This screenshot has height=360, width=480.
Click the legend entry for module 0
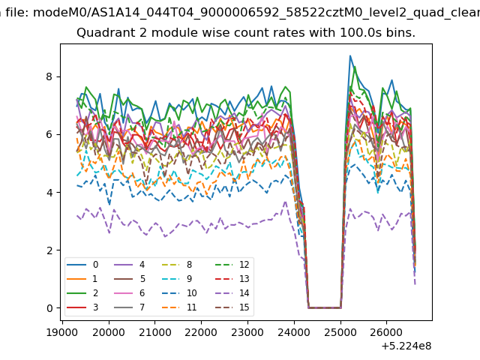pyautogui.click(x=82, y=265)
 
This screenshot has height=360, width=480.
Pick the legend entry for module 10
pyautogui.click(x=180, y=293)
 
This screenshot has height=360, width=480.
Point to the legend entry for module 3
pyautogui.click(x=82, y=307)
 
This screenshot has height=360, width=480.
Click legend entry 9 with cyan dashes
pyautogui.click(x=177, y=279)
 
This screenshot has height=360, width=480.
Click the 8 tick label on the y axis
pyautogui.click(x=49, y=76)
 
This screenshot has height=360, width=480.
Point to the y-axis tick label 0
pyautogui.click(x=49, y=308)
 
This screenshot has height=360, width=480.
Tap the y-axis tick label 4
pyautogui.click(x=49, y=192)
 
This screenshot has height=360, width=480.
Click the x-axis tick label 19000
pyautogui.click(x=62, y=332)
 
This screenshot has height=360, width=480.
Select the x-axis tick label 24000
pyautogui.click(x=294, y=332)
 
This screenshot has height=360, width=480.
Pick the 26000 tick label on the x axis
pyautogui.click(x=386, y=332)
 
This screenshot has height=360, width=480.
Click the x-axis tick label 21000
pyautogui.click(x=155, y=332)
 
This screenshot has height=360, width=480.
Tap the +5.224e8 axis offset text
pyautogui.click(x=406, y=346)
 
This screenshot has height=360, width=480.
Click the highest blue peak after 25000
pyautogui.click(x=350, y=56)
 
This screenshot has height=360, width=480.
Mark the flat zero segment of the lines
pyautogui.click(x=325, y=307)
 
